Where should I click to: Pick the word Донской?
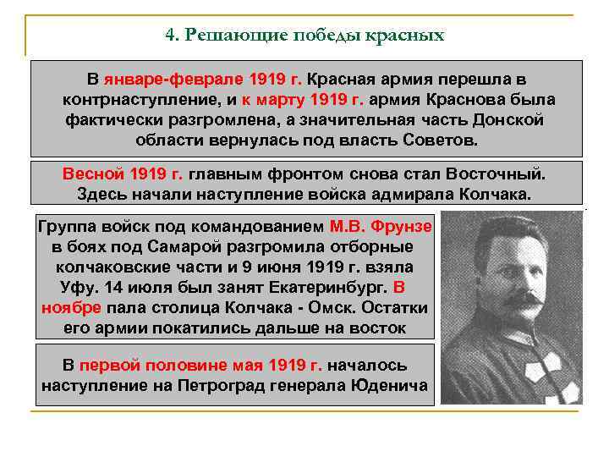(x=504, y=119)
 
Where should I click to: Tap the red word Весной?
(x=93, y=174)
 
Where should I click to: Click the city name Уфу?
(x=58, y=287)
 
